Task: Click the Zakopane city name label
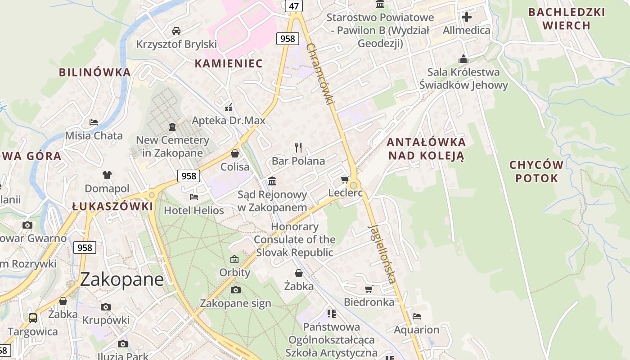click(x=121, y=279)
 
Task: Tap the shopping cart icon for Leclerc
click(x=345, y=180)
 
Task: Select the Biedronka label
click(x=369, y=302)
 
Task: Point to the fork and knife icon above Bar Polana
click(x=298, y=147)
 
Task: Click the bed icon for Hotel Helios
click(x=194, y=197)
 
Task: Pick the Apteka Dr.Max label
click(x=229, y=121)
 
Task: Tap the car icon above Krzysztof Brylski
click(x=176, y=31)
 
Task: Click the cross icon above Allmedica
click(x=467, y=17)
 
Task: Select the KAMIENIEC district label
click(x=228, y=63)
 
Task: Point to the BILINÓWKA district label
click(x=95, y=72)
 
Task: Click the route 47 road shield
click(x=294, y=6)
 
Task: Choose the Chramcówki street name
click(x=320, y=74)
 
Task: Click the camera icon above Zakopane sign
click(x=235, y=290)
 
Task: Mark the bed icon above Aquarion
click(x=417, y=316)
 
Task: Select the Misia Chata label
click(x=94, y=135)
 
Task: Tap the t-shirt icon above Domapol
click(x=107, y=175)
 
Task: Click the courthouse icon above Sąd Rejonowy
click(x=272, y=181)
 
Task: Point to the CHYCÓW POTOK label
click(x=536, y=171)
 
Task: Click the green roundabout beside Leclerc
click(x=354, y=185)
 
